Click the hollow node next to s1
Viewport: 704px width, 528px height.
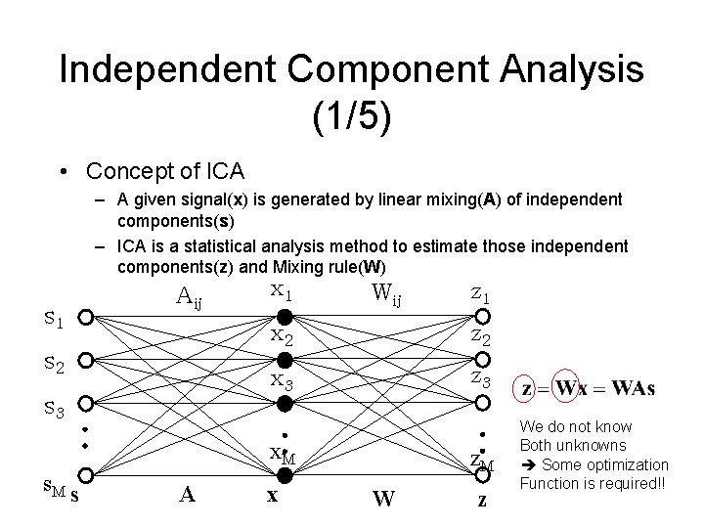(86, 318)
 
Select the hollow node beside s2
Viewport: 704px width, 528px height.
(86, 361)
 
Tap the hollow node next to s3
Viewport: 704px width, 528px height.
(86, 403)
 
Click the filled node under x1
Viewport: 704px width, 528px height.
(283, 318)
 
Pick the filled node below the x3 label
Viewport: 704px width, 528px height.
(283, 403)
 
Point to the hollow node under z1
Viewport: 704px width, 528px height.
(481, 318)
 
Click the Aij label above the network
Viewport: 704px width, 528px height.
(190, 295)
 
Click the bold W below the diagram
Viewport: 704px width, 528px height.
(383, 498)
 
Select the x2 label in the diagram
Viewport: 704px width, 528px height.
(283, 337)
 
